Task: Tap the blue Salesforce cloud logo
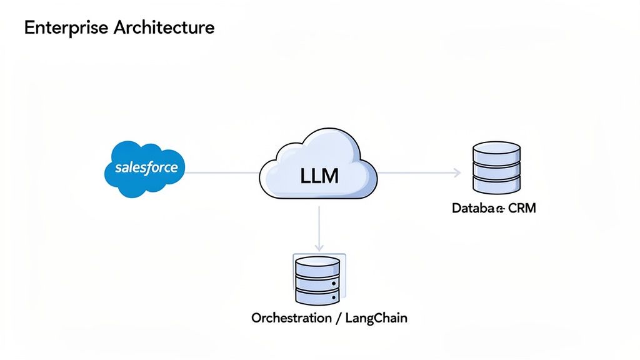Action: [x=146, y=167]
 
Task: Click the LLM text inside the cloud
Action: [x=319, y=176]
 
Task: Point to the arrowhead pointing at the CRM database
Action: [x=457, y=172]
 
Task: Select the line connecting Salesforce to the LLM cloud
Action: [x=223, y=172]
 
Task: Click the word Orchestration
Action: [x=291, y=318]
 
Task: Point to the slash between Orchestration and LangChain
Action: [x=338, y=318]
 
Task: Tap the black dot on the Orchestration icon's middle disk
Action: [x=334, y=282]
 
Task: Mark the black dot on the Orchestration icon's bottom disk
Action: [x=334, y=297]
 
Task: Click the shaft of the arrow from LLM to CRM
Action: [x=416, y=172]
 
